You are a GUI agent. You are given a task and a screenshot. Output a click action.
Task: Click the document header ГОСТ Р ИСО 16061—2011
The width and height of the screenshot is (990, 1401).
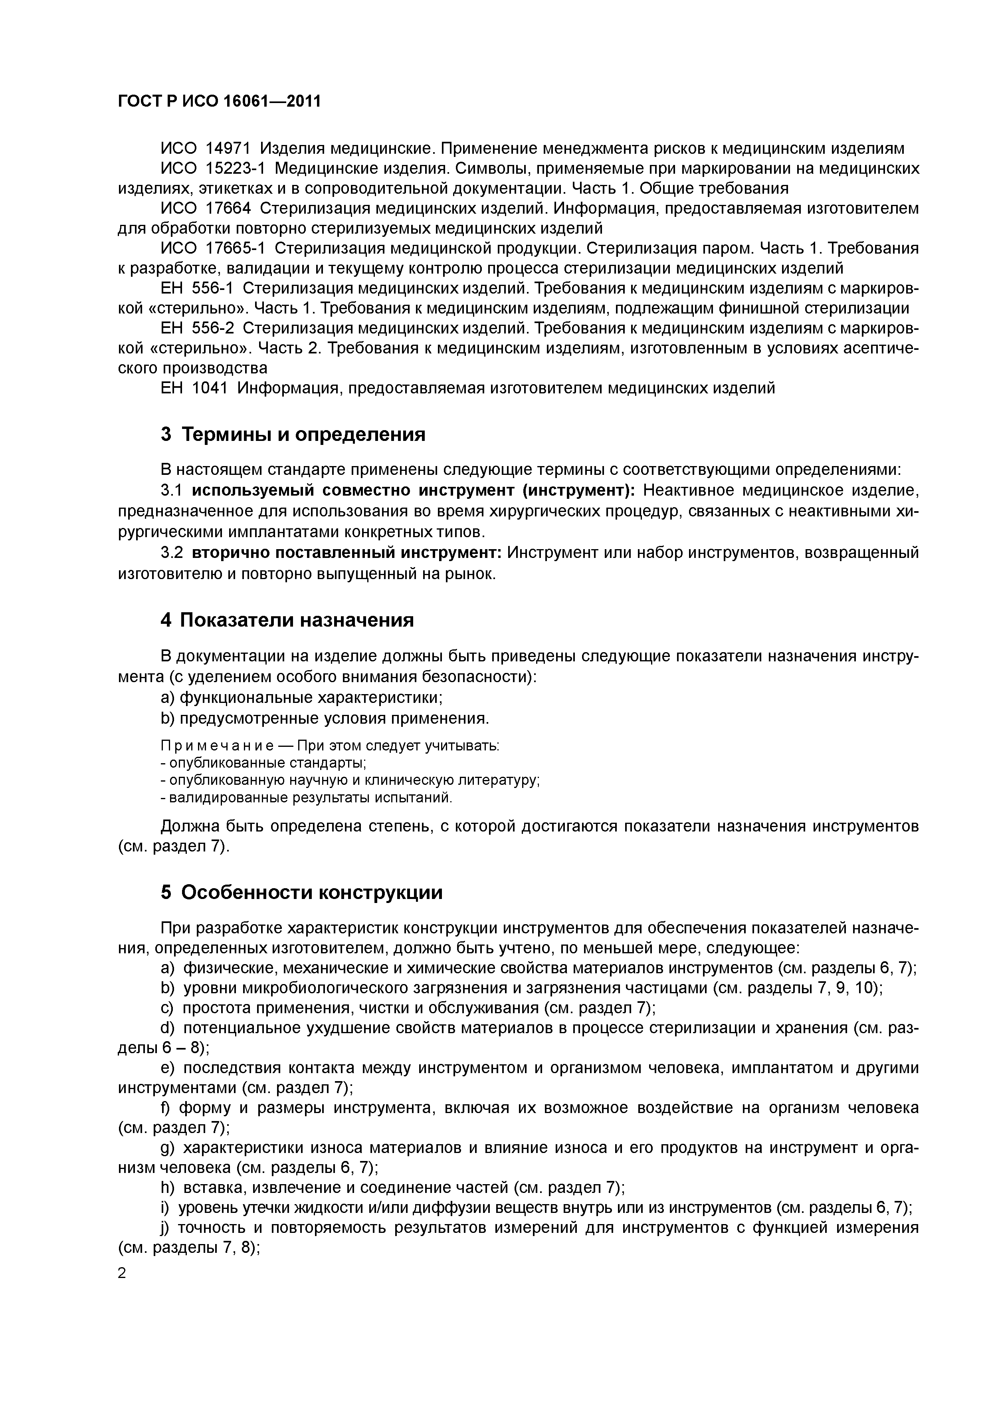219,101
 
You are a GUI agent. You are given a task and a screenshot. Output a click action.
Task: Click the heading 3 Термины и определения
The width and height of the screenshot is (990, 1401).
293,435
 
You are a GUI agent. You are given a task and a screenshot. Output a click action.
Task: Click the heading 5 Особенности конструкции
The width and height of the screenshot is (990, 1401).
301,892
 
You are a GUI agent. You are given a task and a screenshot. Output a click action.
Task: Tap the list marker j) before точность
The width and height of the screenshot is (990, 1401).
165,1228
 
